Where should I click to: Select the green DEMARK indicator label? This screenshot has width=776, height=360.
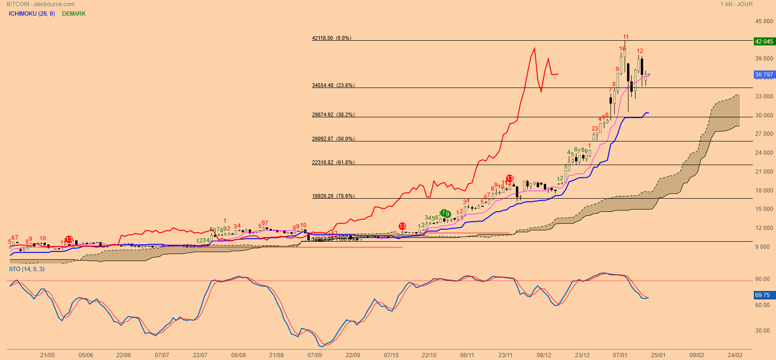[x=74, y=14]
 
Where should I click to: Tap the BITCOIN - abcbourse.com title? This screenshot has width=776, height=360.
[x=41, y=4]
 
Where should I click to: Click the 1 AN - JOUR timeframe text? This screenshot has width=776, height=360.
[x=736, y=4]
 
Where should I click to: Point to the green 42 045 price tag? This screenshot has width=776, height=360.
[x=764, y=42]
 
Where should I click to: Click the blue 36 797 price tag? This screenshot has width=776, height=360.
[x=764, y=75]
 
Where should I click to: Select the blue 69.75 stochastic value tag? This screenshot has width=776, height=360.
[x=762, y=295]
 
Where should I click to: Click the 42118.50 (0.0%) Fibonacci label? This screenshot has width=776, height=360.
[x=331, y=38]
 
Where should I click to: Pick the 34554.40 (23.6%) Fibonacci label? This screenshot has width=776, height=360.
[x=333, y=86]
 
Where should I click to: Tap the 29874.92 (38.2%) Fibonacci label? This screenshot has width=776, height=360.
[x=333, y=115]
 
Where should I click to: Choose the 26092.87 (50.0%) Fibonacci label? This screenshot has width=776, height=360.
[x=333, y=139]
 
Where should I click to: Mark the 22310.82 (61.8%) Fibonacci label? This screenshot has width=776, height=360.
[x=333, y=163]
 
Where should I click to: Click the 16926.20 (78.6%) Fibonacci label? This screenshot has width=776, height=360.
[x=333, y=196]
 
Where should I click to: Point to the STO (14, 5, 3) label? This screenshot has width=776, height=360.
[x=26, y=269]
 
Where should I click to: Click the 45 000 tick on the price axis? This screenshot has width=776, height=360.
[x=764, y=21]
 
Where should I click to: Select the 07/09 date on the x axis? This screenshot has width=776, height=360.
[x=314, y=355]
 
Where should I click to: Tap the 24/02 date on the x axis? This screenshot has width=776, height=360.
[x=734, y=355]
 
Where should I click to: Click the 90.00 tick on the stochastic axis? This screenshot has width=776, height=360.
[x=762, y=279]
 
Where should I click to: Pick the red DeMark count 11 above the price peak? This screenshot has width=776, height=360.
[x=626, y=37]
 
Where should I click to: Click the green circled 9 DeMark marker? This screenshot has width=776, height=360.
[x=447, y=214]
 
